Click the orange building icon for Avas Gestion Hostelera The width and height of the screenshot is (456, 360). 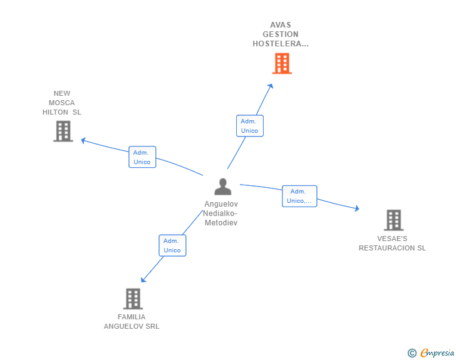(282, 63)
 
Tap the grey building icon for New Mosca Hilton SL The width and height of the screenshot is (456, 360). (63, 131)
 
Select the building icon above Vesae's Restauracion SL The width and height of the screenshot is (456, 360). (393, 220)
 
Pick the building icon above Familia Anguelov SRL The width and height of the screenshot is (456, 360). (133, 299)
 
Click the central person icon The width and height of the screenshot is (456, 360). (222, 187)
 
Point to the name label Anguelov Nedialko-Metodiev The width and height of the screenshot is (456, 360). (221, 213)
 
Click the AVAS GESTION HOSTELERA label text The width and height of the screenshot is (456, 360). (281, 34)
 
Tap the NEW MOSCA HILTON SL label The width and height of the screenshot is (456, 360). (62, 103)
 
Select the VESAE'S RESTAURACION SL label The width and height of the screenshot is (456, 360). (392, 243)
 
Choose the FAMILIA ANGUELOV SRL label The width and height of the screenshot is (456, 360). (132, 321)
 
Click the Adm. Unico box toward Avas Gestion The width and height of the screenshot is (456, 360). (249, 126)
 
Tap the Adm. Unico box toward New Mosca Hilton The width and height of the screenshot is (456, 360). (142, 157)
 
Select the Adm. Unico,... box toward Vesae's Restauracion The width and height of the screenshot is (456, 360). (299, 196)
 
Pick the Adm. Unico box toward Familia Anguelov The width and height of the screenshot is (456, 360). (172, 245)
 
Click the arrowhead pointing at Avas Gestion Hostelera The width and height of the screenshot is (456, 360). (271, 86)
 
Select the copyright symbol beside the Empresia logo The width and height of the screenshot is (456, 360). (412, 353)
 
